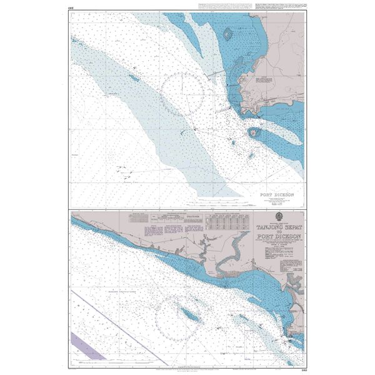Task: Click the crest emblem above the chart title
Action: tap(279, 217)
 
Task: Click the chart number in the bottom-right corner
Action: tap(302, 366)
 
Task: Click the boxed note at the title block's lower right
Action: tap(294, 257)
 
